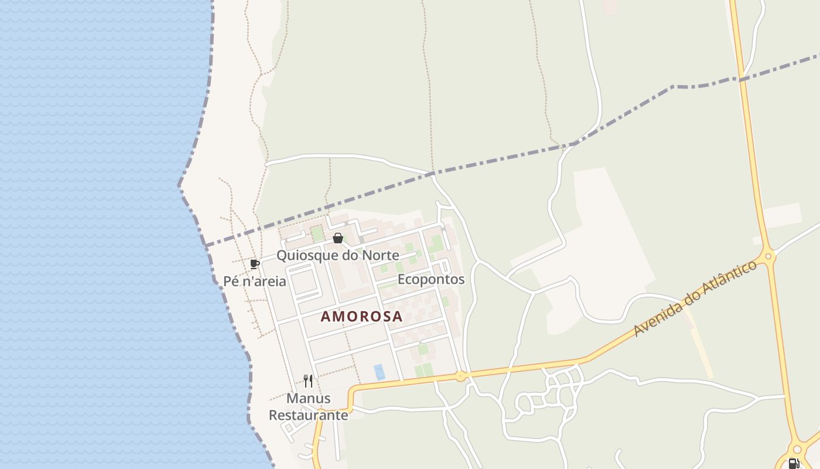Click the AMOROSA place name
pos(361,317)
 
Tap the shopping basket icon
pos(338,238)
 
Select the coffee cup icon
pos(254,264)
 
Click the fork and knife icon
pos(308,381)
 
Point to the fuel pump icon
pos(794,464)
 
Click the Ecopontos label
pos(430,279)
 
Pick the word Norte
pos(380,255)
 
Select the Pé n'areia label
pos(255,281)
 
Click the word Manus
pos(308,399)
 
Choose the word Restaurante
pos(308,415)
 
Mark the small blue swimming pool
pos(380,372)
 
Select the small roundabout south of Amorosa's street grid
pos(461,376)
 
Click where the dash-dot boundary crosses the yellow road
pos(740,79)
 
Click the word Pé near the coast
pos(231,281)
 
